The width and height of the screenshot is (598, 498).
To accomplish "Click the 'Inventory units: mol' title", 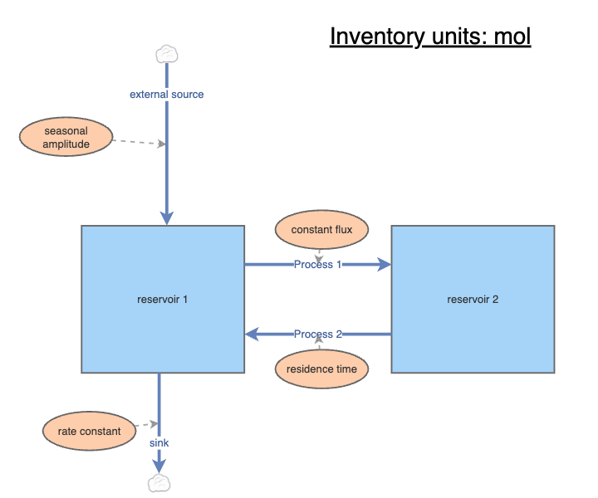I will pyautogui.click(x=429, y=37).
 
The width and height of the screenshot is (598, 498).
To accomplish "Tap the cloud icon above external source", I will pyautogui.click(x=167, y=54).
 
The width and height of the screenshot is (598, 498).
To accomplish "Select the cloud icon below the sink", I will pyautogui.click(x=158, y=483).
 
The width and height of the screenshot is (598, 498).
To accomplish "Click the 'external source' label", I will pyautogui.click(x=167, y=95).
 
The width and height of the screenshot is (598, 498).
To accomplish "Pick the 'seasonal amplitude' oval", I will pyautogui.click(x=66, y=137).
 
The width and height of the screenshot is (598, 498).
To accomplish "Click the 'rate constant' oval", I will pyautogui.click(x=90, y=431).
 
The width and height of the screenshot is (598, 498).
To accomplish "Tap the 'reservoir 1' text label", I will pyautogui.click(x=163, y=299).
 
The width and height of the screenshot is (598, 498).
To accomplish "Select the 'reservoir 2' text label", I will pyautogui.click(x=473, y=299).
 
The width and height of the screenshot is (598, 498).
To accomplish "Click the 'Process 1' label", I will pyautogui.click(x=318, y=265).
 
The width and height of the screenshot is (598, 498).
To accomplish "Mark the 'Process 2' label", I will pyautogui.click(x=318, y=334).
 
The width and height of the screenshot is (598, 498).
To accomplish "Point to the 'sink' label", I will pyautogui.click(x=159, y=443).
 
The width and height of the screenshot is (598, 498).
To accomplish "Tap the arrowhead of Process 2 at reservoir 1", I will pyautogui.click(x=252, y=334).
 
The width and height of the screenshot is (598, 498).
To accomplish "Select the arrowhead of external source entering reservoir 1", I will pyautogui.click(x=167, y=217).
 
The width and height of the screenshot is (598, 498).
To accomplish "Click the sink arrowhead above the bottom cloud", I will pyautogui.click(x=159, y=467).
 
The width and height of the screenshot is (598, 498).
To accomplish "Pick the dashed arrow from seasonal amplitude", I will pyautogui.click(x=138, y=142).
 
